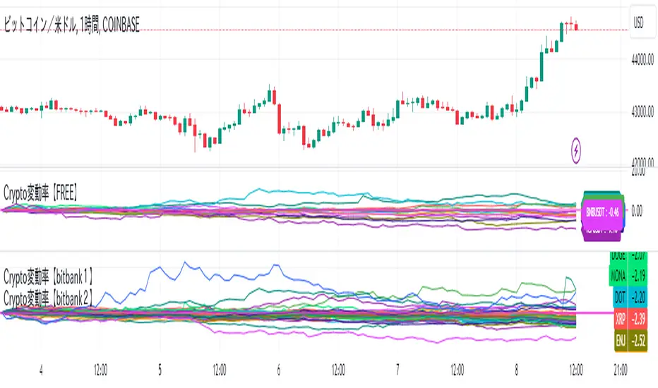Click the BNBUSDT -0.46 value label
click(x=602, y=210)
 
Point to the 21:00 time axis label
click(x=621, y=368)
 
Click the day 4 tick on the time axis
click(x=42, y=368)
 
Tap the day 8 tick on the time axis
click(x=517, y=368)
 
